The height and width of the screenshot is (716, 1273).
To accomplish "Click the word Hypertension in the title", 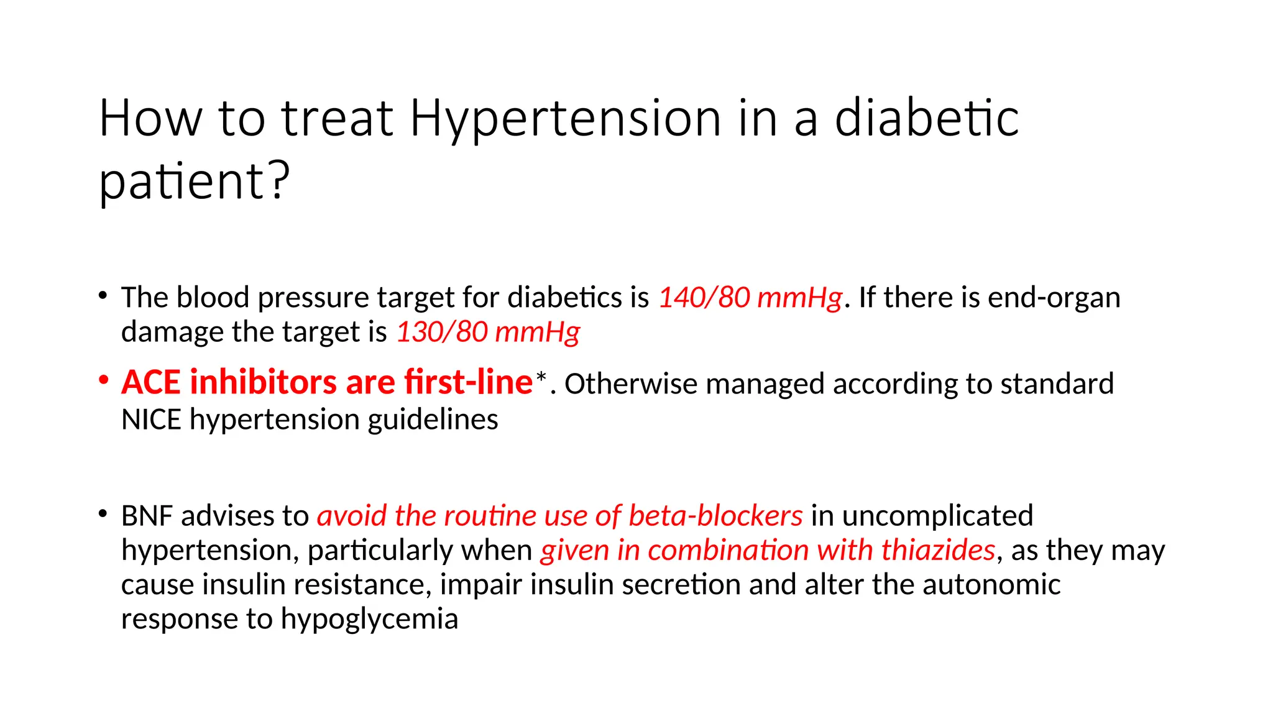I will [565, 119].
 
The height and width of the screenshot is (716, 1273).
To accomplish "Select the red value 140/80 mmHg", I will [750, 298].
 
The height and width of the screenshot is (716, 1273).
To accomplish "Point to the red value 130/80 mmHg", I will [488, 332].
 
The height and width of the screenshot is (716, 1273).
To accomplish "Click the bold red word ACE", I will [151, 382].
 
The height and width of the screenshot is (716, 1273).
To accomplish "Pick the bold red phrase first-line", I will [468, 382].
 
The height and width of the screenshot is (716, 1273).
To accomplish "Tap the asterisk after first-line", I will [541, 377].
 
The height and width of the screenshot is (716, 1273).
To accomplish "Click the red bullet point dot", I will [104, 379].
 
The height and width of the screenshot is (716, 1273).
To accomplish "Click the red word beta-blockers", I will [715, 516].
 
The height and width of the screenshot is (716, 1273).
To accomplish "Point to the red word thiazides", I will [938, 551].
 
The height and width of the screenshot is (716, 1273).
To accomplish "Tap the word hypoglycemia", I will [369, 620].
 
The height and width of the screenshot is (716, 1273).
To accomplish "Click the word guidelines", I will [433, 420].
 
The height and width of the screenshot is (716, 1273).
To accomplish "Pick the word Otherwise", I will [631, 384].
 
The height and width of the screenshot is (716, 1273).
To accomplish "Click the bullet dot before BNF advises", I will [103, 514].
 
